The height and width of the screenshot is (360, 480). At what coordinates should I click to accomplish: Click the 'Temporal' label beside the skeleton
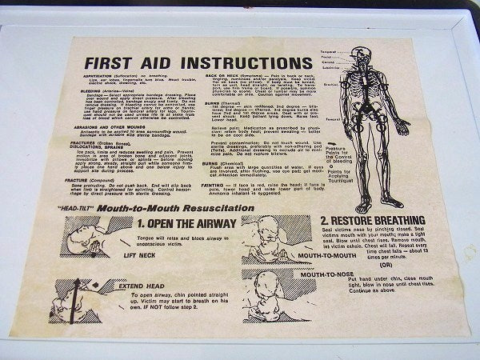click(x=330, y=53)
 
